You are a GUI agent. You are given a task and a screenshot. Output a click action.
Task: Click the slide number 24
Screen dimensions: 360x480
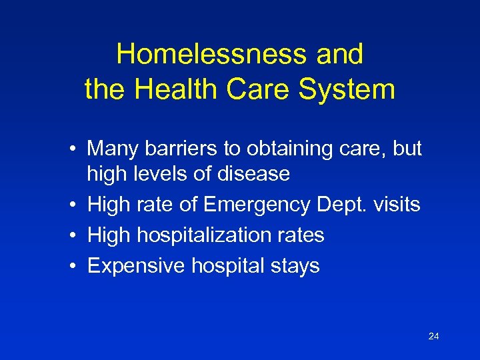click(x=433, y=337)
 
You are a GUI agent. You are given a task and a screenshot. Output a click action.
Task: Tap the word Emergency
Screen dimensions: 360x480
click(x=257, y=205)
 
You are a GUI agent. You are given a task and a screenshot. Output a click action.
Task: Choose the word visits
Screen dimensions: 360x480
click(x=396, y=205)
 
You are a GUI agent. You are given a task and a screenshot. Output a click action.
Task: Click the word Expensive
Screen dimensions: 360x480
click(x=137, y=266)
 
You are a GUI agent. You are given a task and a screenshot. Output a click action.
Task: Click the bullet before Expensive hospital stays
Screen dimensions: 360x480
click(x=78, y=266)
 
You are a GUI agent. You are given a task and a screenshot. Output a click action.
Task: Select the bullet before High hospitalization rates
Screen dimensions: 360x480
click(x=78, y=235)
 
